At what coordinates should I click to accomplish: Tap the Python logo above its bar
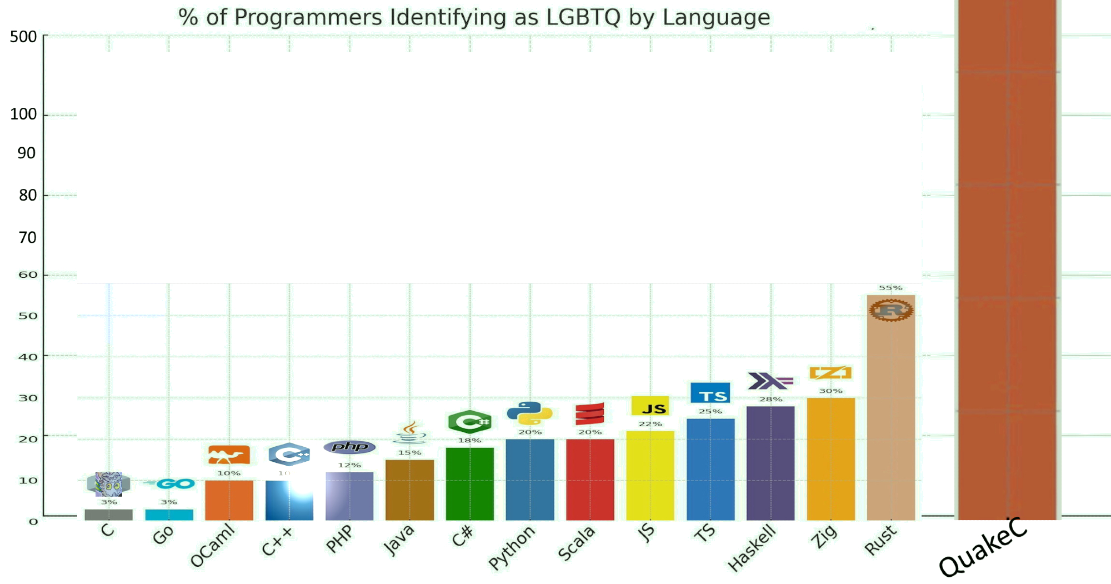pos(529,413)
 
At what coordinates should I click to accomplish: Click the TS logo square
pos(710,393)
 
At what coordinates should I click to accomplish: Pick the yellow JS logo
pos(650,406)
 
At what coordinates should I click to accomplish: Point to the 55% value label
pos(890,288)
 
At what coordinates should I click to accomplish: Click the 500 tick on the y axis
pos(23,37)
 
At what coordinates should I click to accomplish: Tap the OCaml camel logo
pos(228,455)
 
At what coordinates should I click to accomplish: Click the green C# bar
pos(469,483)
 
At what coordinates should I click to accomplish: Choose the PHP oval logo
pos(349,447)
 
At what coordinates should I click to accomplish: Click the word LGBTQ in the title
pos(583,17)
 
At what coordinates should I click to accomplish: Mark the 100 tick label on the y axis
pos(23,114)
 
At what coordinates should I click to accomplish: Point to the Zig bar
pos(830,458)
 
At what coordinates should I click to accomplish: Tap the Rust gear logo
pos(890,310)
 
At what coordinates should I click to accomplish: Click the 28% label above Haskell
pos(770,400)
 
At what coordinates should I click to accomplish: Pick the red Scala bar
pos(590,479)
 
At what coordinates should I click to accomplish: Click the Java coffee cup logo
pos(410,432)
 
